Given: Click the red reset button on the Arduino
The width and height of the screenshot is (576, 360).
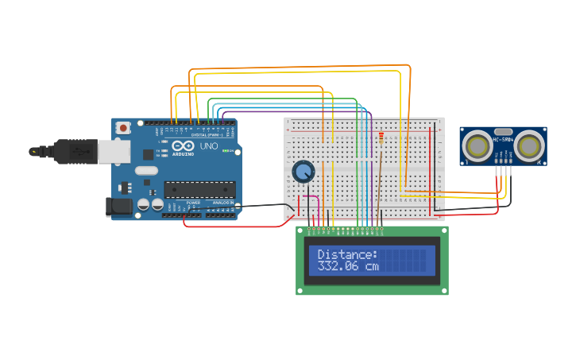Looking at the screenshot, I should coord(124,128).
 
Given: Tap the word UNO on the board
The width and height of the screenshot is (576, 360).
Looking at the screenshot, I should coord(208,147).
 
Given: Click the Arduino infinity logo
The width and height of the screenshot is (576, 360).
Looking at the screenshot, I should coord(182,147).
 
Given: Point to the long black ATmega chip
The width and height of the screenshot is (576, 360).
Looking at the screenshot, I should coord(199,189).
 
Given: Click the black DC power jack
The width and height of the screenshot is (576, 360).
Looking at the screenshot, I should coord(119,207).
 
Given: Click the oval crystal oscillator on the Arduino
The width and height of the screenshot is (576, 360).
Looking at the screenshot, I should coord(147,170).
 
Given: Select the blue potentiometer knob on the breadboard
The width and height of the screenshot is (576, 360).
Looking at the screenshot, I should coord(303,171).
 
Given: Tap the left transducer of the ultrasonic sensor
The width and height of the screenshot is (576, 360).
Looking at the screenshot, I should coord(477,145).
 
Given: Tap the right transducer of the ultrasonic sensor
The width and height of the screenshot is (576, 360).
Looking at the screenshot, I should coord(530,145).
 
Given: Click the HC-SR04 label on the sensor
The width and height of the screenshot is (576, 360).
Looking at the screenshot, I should coord(504,140).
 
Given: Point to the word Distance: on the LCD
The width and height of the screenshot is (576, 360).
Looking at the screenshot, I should coord(348,254).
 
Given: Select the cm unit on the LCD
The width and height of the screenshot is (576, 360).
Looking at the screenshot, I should coord(372,266).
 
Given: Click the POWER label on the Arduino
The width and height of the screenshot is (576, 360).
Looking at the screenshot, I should coord(193,203).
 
